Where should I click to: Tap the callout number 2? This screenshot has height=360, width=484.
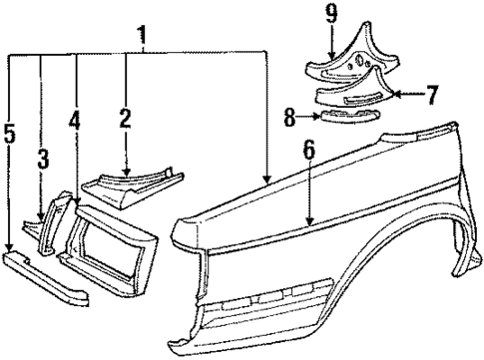click(125, 120)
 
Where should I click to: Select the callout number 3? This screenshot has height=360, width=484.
click(42, 160)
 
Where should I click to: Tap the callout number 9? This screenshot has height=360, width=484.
click(358, 16)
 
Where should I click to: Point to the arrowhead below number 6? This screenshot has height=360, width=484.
click(309, 222)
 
